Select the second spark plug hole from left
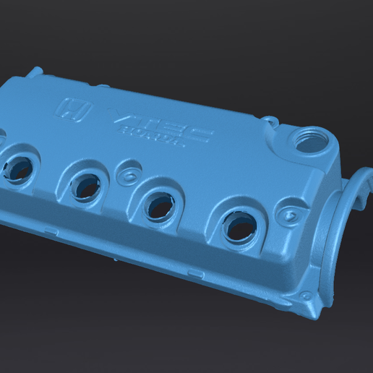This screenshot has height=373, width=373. tap(87, 187)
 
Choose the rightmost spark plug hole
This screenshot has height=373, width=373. tap(238, 228)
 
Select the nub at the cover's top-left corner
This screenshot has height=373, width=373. tap(34, 72)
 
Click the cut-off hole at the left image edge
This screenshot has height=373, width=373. tap(2, 136)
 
